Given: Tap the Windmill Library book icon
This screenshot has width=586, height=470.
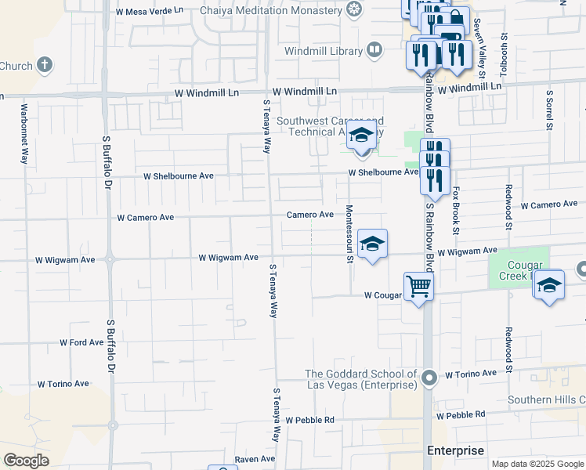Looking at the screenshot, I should pyautogui.click(x=374, y=52).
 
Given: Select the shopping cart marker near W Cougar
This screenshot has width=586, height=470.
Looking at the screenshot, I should pyautogui.click(x=418, y=287).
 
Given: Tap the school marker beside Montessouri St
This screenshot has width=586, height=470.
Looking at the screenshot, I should pyautogui.click(x=372, y=244).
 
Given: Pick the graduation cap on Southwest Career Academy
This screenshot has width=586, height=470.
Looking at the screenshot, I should pyautogui.click(x=360, y=135).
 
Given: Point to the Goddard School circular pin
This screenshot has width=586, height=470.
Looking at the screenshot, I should pyautogui.click(x=429, y=379).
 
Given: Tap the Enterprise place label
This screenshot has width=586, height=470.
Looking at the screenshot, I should pyautogui.click(x=455, y=450).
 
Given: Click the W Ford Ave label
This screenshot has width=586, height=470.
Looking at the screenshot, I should pyautogui.click(x=81, y=342).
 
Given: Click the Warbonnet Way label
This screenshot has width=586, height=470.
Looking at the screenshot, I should pyautogui.click(x=24, y=133).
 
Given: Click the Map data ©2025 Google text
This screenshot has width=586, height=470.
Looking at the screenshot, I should pyautogui.click(x=537, y=464).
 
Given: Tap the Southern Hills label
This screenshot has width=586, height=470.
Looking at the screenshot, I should pyautogui.click(x=546, y=399).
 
